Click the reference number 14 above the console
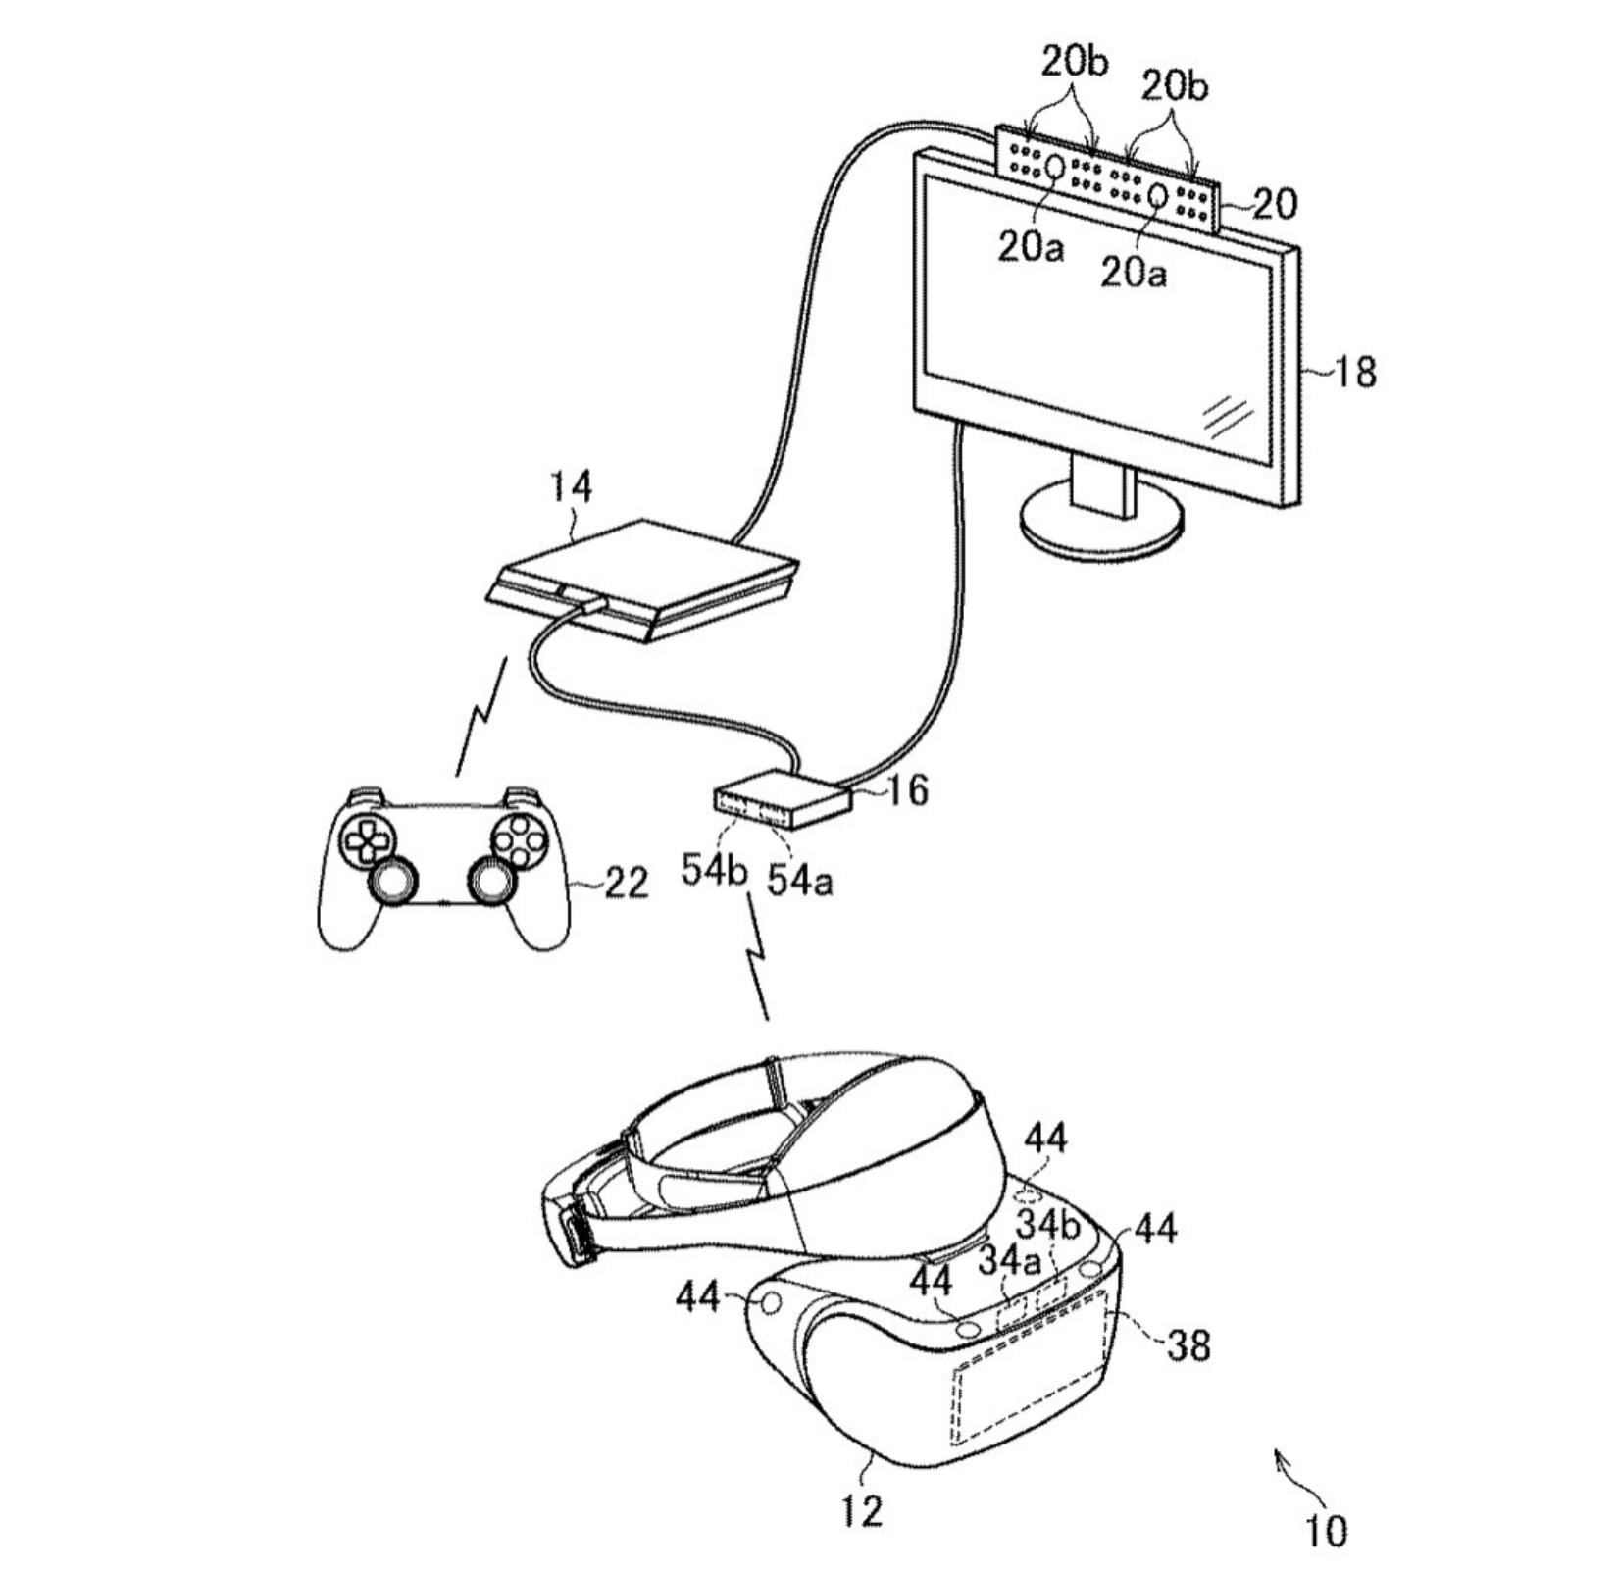[x=571, y=486]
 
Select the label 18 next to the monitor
[x=1354, y=373]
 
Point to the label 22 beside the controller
[x=626, y=884]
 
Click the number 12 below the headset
[x=862, y=1510]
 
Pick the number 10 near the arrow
[x=1325, y=1530]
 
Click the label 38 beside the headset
[x=1188, y=1346]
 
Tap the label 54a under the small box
[x=800, y=881]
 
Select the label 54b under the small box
[x=715, y=871]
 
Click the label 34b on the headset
[x=1047, y=1224]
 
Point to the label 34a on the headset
[x=1010, y=1261]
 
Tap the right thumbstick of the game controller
[x=489, y=880]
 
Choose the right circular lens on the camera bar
[x=1158, y=194]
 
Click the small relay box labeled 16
[x=782, y=798]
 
